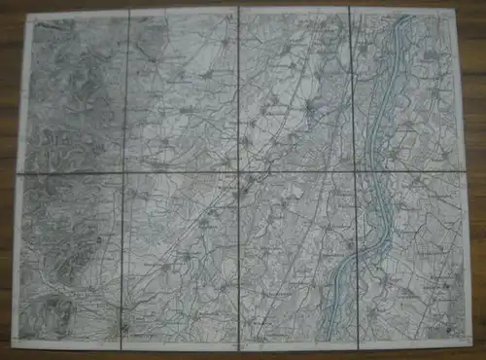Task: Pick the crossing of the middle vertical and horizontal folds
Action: click(239, 173)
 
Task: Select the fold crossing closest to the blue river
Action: click(355, 172)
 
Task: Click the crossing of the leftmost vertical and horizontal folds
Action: click(123, 173)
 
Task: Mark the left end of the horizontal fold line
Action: click(20, 174)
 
